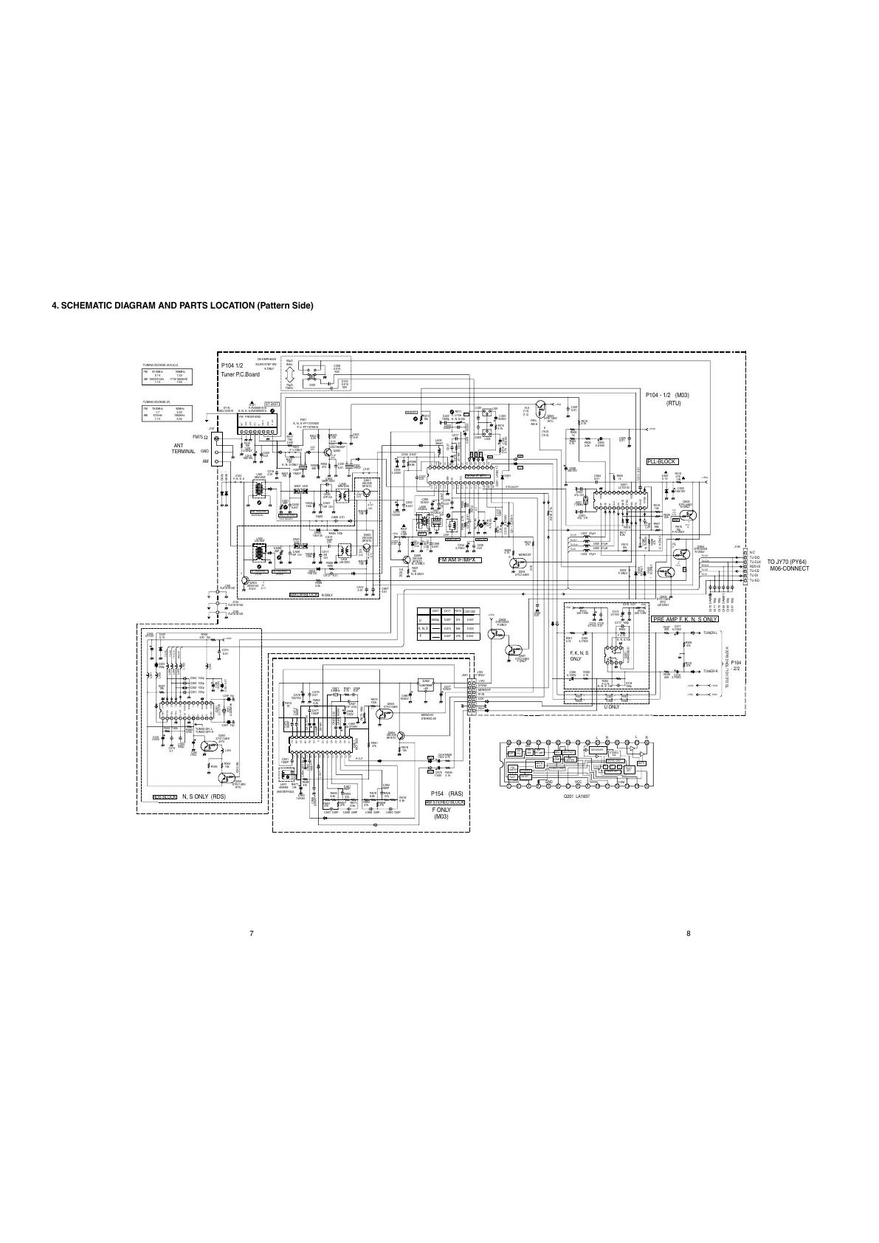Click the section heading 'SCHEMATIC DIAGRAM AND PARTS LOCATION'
click(x=182, y=306)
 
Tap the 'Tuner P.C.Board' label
click(x=240, y=374)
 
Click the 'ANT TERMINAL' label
click(x=184, y=448)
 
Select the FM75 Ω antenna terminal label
click(x=198, y=438)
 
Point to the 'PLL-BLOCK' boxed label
click(x=661, y=461)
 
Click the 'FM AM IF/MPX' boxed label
click(x=459, y=560)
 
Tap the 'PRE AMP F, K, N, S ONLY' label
click(x=685, y=619)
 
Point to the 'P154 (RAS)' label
click(x=446, y=793)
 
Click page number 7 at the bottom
click(x=251, y=934)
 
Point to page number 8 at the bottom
click(x=688, y=934)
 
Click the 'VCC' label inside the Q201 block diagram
click(x=579, y=782)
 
